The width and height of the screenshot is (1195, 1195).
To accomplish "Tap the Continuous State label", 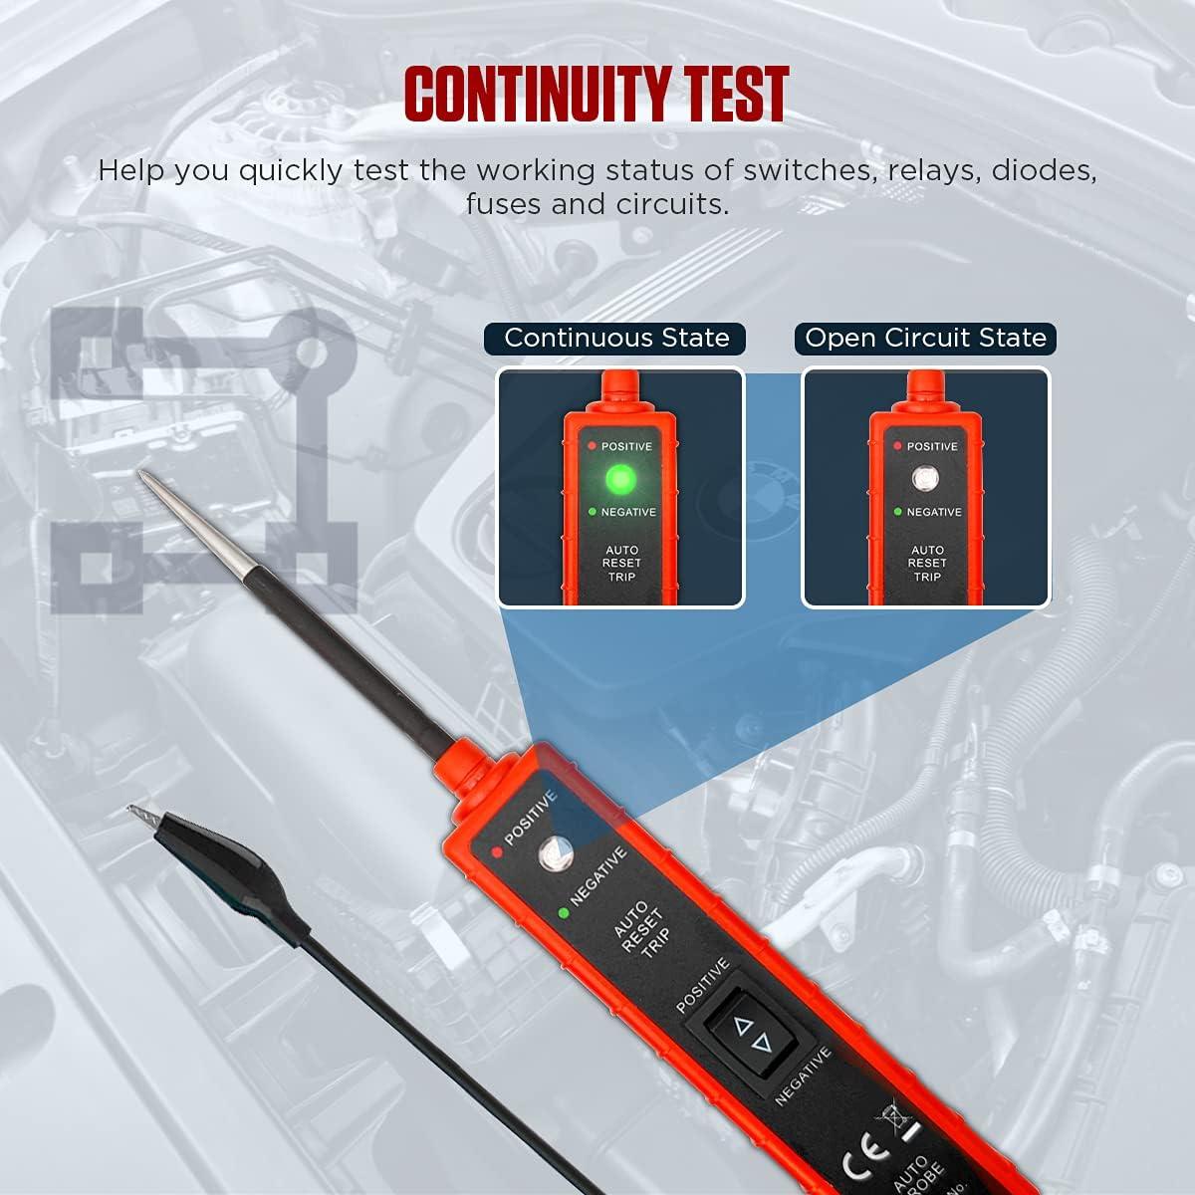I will tap(616, 338).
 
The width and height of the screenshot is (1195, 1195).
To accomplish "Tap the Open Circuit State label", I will tap(925, 338).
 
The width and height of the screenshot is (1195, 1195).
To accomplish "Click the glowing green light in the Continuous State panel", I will tap(619, 481).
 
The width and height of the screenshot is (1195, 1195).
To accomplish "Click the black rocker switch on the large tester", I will tap(755, 1036).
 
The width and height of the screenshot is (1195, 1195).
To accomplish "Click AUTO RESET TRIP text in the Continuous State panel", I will tap(621, 564).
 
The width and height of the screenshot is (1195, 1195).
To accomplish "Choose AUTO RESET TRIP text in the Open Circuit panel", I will tap(927, 564).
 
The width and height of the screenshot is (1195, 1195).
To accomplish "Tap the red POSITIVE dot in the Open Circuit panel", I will tap(897, 446).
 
